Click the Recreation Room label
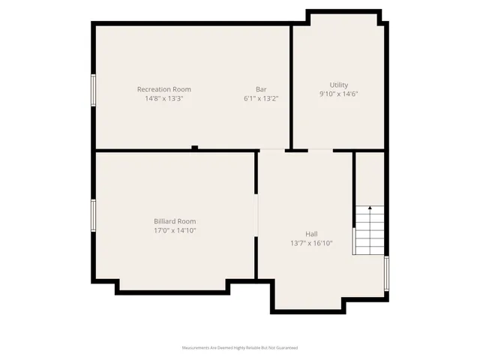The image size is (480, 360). [x=164, y=89]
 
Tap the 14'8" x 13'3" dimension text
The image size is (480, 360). [x=164, y=98]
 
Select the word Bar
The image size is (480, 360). [x=261, y=89]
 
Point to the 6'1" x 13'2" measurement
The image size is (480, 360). [x=261, y=98]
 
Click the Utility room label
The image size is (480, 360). [x=339, y=85]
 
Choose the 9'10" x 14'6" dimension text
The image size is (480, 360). [x=339, y=94]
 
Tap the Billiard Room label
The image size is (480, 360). [x=175, y=221]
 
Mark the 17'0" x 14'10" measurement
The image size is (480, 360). [x=175, y=230]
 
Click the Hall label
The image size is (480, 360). [x=311, y=234]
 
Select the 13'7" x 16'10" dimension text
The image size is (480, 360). [x=311, y=243]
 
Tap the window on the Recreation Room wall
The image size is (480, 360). [x=94, y=90]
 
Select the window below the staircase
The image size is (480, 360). [x=386, y=273]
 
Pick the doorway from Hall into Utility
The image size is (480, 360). [x=320, y=151]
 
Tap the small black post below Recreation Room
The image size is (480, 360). [x=194, y=148]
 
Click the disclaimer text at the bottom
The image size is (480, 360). [x=240, y=348]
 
